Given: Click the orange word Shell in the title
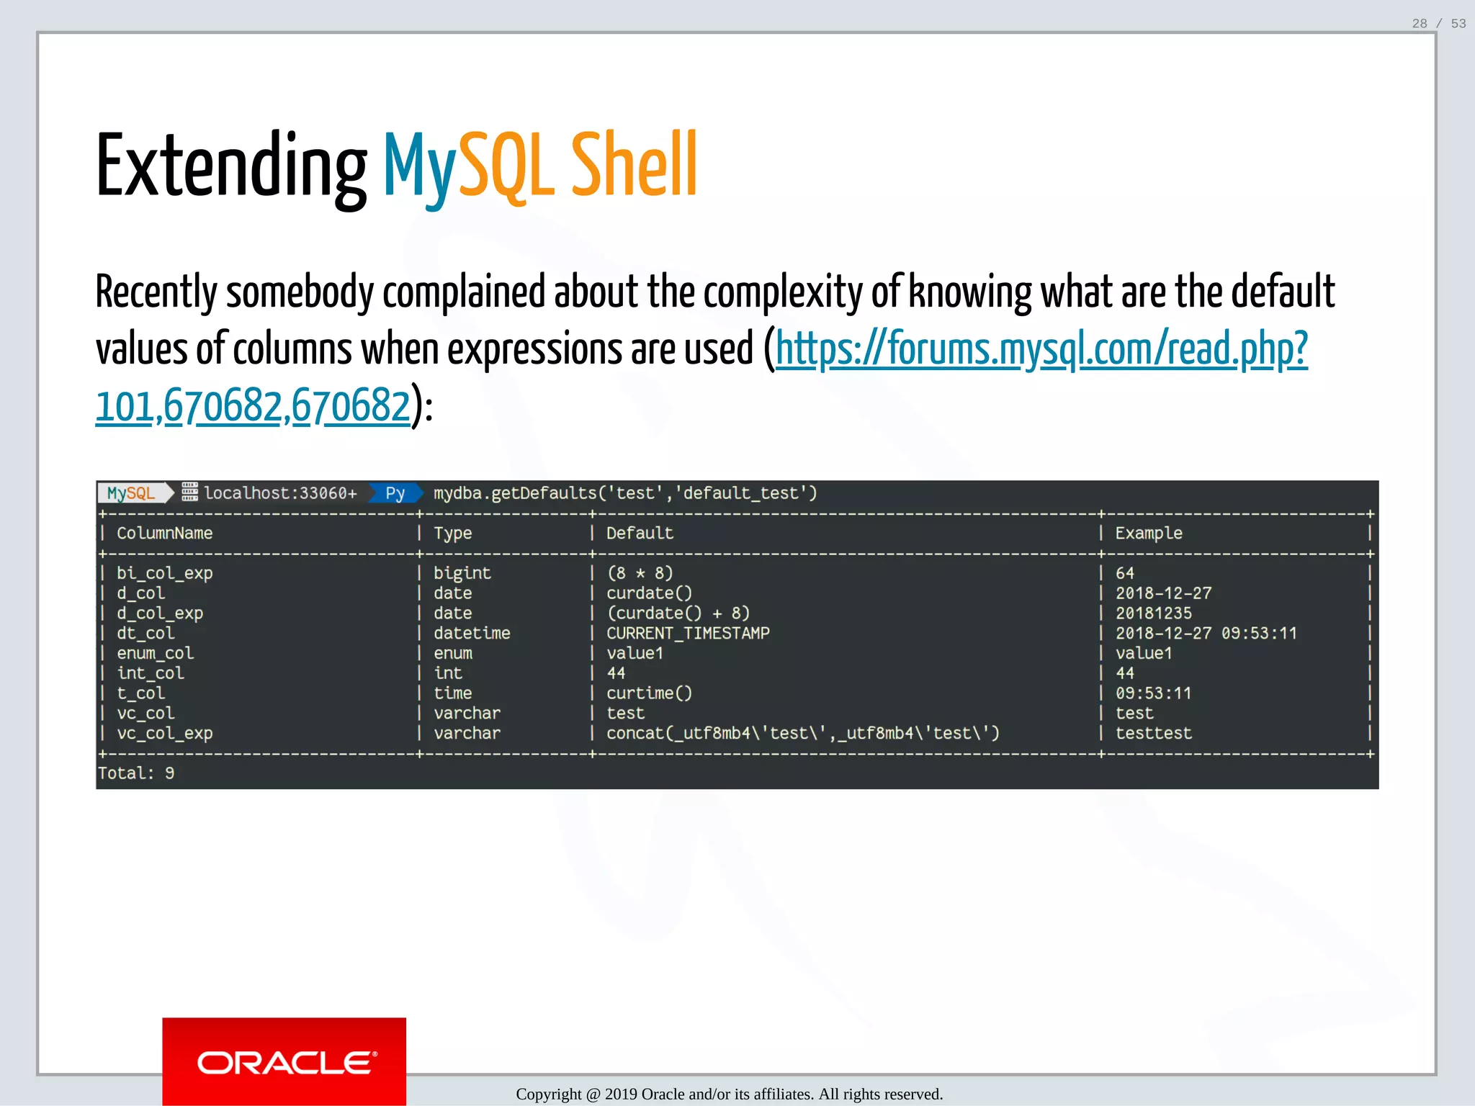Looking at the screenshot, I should (x=634, y=166).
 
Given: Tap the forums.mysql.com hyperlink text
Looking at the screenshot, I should (x=1041, y=350).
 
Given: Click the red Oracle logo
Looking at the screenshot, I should (x=284, y=1061).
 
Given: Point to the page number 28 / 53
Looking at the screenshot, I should (x=1438, y=24).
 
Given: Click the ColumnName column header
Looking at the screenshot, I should (x=164, y=534).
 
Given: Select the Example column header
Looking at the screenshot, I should (x=1148, y=534).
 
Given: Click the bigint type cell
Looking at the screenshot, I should (x=462, y=573).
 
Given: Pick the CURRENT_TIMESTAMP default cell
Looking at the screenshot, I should (x=687, y=634).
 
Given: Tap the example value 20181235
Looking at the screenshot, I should (x=1153, y=613).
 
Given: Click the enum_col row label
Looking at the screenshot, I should (x=155, y=654).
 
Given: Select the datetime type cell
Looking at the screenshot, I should (x=471, y=634).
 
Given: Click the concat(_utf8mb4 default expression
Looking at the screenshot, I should (x=802, y=734).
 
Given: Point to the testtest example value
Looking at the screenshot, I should (x=1153, y=734).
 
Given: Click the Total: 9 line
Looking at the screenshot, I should (x=136, y=773).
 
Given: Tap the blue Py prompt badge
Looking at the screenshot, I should (x=395, y=493).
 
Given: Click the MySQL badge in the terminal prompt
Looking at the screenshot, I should (x=131, y=493).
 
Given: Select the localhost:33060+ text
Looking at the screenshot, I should (x=280, y=493).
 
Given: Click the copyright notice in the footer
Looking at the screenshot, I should (x=729, y=1094).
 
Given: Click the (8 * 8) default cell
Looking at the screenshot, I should (x=640, y=573).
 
